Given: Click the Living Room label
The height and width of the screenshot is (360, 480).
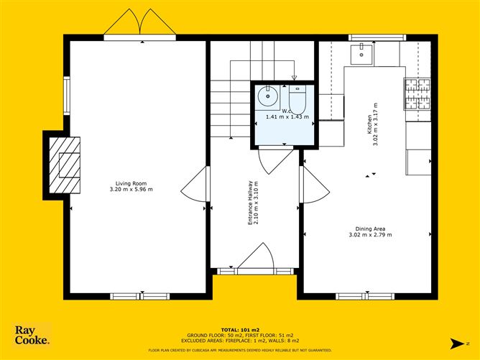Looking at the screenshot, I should click(x=131, y=183).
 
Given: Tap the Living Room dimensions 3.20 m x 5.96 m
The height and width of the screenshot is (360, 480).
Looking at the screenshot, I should click(x=131, y=189).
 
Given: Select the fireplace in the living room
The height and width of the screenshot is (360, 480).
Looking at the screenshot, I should click(x=67, y=165).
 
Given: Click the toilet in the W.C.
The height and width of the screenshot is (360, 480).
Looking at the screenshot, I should click(x=298, y=98).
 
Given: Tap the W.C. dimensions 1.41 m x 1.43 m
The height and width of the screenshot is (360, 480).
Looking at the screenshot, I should click(x=287, y=116).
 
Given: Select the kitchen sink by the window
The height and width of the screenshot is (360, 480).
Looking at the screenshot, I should click(x=360, y=51).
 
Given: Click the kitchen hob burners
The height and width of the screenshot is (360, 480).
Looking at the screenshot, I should click(x=417, y=94).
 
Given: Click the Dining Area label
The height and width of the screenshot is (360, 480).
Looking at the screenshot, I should click(x=369, y=229).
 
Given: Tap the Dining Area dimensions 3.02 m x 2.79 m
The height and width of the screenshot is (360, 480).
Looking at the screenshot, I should click(x=369, y=236).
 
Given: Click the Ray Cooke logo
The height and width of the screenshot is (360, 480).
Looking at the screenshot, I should click(x=33, y=336).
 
